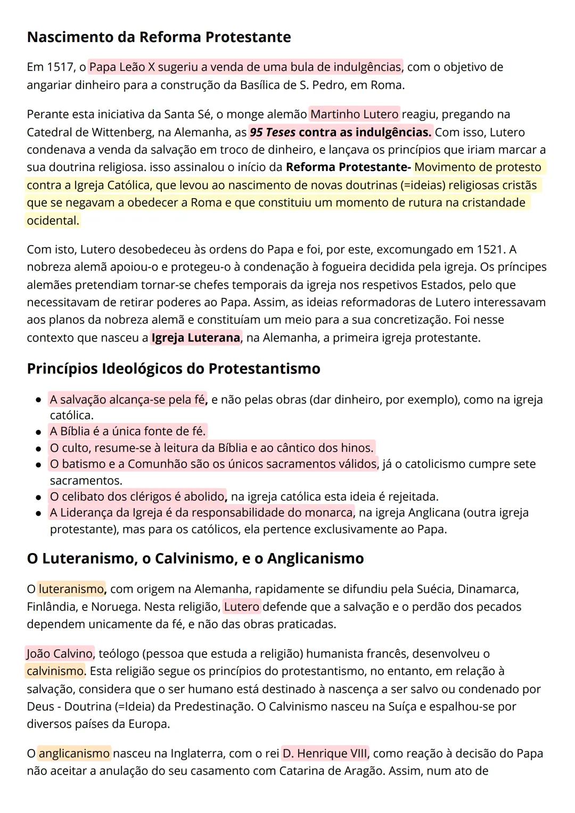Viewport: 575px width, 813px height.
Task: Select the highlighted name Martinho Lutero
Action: (354, 114)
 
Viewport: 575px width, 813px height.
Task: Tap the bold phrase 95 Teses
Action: (273, 132)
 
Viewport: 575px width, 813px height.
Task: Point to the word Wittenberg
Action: (129, 132)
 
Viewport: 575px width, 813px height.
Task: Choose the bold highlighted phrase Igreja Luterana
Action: (195, 338)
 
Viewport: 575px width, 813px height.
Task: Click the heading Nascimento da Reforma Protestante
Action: (159, 37)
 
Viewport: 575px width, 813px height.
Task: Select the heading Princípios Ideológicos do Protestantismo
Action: (174, 369)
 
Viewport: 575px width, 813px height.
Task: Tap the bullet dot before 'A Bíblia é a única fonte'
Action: (38, 432)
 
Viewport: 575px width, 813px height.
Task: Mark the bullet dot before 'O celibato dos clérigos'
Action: (38, 497)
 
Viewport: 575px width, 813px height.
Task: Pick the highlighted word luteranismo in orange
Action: (71, 589)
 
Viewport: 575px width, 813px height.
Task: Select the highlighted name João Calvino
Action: (60, 653)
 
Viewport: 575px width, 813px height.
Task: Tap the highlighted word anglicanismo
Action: (74, 753)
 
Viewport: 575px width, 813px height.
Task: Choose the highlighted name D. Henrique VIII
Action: (325, 753)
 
